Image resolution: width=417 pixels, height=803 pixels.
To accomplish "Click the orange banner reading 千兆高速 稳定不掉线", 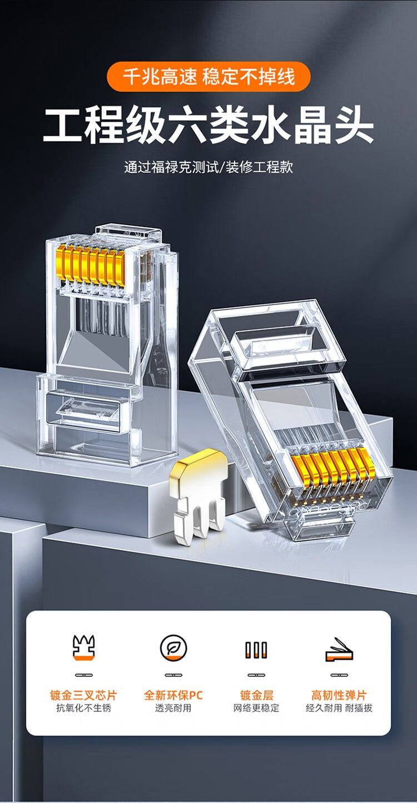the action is pos(209,77).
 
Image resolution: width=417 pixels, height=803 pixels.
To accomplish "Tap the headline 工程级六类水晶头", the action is pos(209,125).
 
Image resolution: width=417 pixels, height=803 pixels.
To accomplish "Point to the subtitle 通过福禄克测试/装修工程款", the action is pos(209,167).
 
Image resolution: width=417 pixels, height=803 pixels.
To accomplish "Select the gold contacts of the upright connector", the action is pos(91,267).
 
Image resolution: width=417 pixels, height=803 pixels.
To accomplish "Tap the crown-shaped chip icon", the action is pos(83,647).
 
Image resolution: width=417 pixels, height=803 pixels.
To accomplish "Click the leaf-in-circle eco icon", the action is pos(173,648).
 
